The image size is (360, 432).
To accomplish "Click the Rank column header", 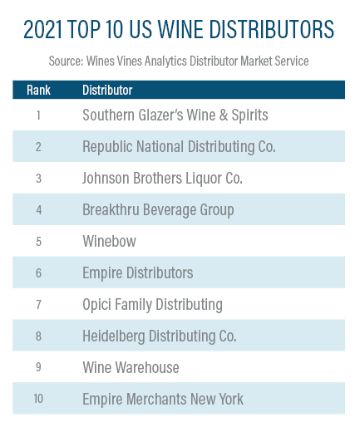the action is click(x=38, y=90).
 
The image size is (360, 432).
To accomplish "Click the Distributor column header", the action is click(x=107, y=90).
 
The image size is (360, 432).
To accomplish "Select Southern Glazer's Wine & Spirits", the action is click(x=175, y=115).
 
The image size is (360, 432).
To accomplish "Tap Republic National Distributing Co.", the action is click(x=179, y=147).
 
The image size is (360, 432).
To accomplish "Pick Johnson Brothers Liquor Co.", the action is click(x=162, y=178).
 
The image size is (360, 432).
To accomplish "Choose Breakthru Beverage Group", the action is click(x=158, y=210).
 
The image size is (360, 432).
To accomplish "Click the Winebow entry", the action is click(x=110, y=241).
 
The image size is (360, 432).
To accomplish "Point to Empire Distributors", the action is click(x=138, y=272).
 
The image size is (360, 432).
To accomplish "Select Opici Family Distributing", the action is click(x=152, y=305).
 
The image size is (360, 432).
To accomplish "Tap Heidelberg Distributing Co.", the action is click(x=160, y=336).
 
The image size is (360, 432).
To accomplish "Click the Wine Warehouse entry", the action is click(x=131, y=367).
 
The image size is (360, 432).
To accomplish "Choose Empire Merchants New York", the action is click(x=163, y=399).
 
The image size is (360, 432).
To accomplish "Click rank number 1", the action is click(x=38, y=115).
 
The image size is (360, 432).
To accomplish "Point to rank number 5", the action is click(x=38, y=242).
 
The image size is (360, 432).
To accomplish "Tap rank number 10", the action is click(x=38, y=399).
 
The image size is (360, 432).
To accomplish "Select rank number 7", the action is click(x=38, y=305).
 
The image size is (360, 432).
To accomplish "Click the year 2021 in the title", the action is click(x=43, y=29).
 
